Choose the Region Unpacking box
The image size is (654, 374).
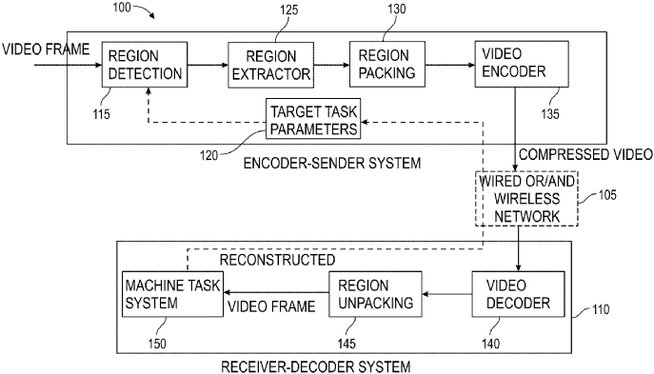374,294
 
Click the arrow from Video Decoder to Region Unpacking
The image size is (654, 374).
445,294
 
